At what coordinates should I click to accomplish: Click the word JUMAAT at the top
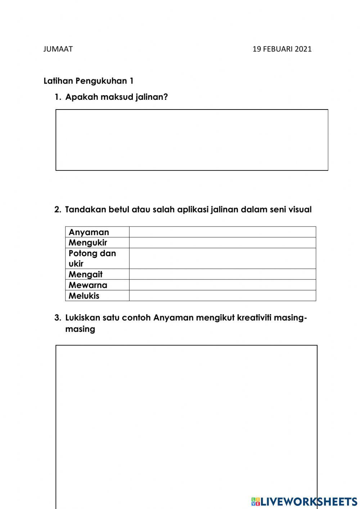pyautogui.click(x=58, y=49)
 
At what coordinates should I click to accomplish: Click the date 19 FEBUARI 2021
pyautogui.click(x=282, y=49)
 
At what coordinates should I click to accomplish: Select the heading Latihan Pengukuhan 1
pyautogui.click(x=89, y=81)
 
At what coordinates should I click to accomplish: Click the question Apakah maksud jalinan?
pyautogui.click(x=116, y=97)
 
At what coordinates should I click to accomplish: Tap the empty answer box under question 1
pyautogui.click(x=192, y=140)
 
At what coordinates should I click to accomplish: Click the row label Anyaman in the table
pyautogui.click(x=89, y=232)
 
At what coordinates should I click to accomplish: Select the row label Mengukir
pyautogui.click(x=87, y=242)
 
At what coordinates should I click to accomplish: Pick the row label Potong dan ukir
pyautogui.click(x=92, y=258)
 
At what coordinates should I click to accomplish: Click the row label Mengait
pyautogui.click(x=85, y=274)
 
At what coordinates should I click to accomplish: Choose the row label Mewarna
pyautogui.click(x=88, y=285)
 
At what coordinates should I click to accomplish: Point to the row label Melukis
pyautogui.click(x=84, y=296)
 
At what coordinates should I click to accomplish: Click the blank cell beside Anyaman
pyautogui.click(x=222, y=232)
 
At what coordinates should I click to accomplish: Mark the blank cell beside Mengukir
pyautogui.click(x=222, y=242)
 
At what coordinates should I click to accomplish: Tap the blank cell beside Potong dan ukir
pyautogui.click(x=222, y=258)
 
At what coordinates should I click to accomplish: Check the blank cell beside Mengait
pyautogui.click(x=222, y=274)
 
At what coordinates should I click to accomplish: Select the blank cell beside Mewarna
pyautogui.click(x=222, y=285)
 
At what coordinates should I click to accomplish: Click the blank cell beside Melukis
pyautogui.click(x=222, y=296)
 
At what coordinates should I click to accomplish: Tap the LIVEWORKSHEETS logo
pyautogui.click(x=304, y=501)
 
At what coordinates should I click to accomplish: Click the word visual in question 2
pyautogui.click(x=300, y=210)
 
